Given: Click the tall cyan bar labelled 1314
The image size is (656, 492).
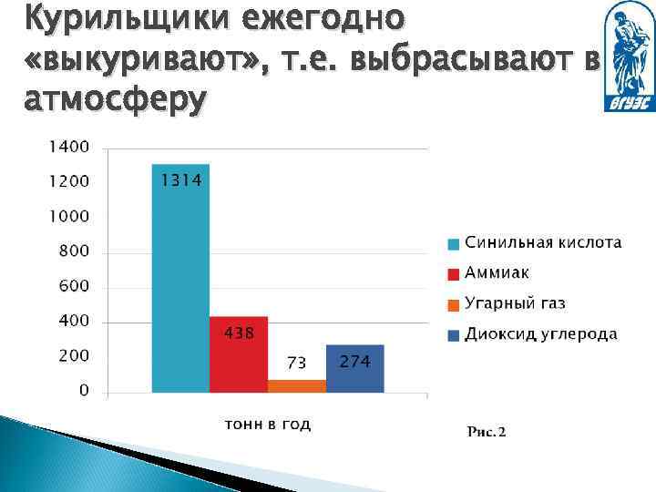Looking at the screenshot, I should tap(180, 278).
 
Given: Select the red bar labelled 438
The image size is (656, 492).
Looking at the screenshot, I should tap(239, 354).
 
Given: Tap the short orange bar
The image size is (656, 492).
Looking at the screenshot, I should tap(297, 385).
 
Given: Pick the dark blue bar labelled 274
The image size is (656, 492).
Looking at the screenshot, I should tap(355, 369).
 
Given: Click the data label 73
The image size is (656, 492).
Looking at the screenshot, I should tap(296, 364).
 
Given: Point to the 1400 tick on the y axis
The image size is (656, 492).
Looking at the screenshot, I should tap(69, 146).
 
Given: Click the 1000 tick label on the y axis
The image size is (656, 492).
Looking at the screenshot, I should tap(69, 216).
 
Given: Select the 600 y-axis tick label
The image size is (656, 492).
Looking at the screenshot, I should tap(74, 286).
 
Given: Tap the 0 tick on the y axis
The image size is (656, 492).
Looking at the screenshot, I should tap(84, 391).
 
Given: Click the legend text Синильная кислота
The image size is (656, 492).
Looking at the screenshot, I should tap(543, 242).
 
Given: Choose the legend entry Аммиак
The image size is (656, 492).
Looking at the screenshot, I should tap(497, 272).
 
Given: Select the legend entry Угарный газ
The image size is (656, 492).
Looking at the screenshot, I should tap(515, 303).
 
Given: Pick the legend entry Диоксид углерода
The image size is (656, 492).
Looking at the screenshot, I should tap(540, 333).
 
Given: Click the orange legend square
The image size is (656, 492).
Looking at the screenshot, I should tap(453, 304).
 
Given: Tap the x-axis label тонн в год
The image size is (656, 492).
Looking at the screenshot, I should tap(268, 425).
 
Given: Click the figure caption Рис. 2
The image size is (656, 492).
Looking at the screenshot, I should tap(486, 431).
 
